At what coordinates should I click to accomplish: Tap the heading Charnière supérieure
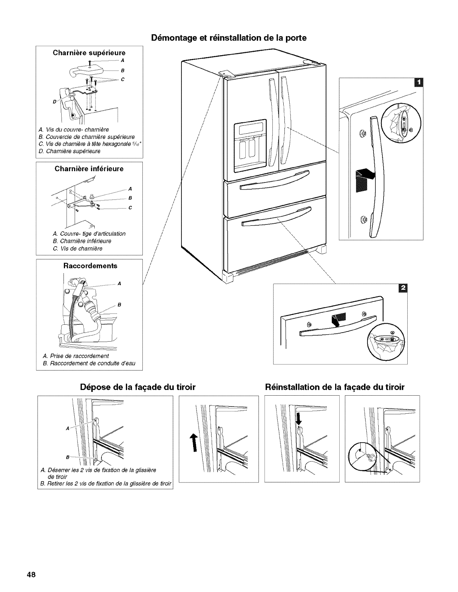(x=89, y=53)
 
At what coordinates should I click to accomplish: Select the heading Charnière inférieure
(x=89, y=169)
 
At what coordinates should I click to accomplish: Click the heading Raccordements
(x=90, y=266)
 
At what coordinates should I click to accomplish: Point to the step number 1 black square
(x=418, y=82)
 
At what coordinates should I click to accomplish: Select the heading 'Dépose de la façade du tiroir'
(x=138, y=387)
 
